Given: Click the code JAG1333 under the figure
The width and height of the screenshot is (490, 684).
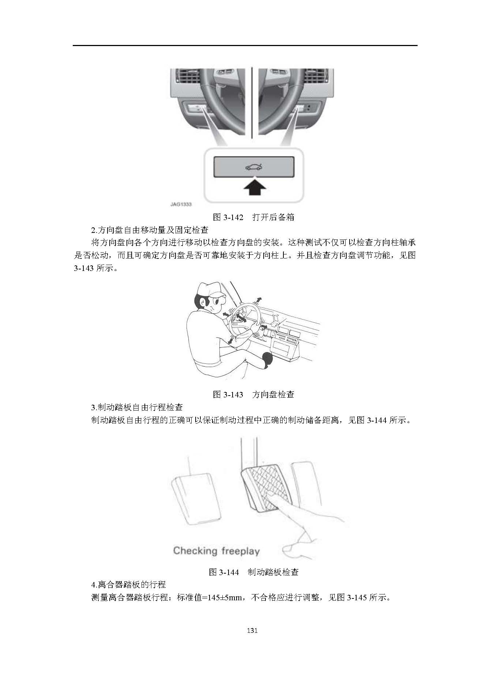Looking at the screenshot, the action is pyautogui.click(x=181, y=204).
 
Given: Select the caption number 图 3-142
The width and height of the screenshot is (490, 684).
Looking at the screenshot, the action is pyautogui.click(x=228, y=217).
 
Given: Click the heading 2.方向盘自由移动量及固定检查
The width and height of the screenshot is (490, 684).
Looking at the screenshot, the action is pyautogui.click(x=150, y=230).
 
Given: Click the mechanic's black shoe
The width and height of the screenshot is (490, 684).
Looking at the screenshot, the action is pyautogui.click(x=267, y=359).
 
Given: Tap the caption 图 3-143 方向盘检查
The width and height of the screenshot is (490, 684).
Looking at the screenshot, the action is pyautogui.click(x=254, y=394).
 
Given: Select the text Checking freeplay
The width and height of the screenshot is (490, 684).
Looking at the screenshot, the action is pyautogui.click(x=216, y=551).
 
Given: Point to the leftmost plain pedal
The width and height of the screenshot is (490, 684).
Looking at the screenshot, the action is pyautogui.click(x=196, y=499).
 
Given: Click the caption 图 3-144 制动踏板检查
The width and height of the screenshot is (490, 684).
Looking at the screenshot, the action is pyautogui.click(x=254, y=572).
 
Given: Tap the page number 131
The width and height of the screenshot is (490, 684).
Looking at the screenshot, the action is pyautogui.click(x=253, y=640).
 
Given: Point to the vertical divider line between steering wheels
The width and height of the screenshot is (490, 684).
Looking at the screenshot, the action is pyautogui.click(x=252, y=102).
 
